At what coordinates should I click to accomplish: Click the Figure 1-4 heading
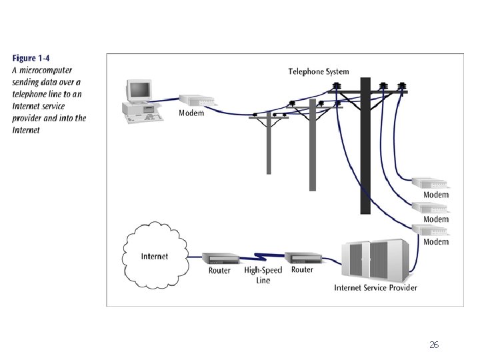coord(33,59)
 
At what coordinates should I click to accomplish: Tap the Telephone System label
coord(318,71)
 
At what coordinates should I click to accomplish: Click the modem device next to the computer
coord(197,101)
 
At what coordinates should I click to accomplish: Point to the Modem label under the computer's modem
coord(191,113)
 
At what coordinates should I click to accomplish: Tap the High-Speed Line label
coord(263,275)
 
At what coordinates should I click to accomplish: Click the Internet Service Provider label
coord(375,288)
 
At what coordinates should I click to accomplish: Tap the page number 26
coord(434,345)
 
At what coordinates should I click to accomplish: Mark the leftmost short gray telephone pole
coord(268,143)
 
